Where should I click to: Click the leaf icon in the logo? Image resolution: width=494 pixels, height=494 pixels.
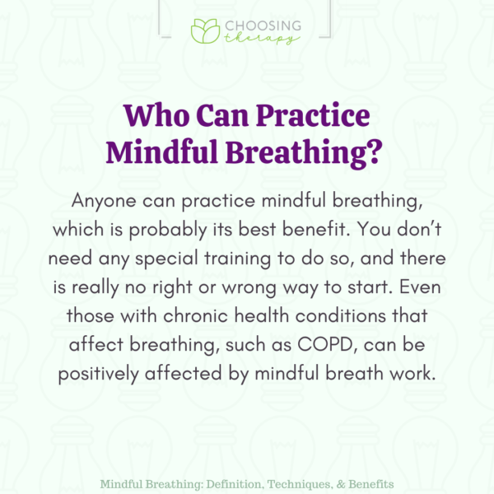point(204,31)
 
